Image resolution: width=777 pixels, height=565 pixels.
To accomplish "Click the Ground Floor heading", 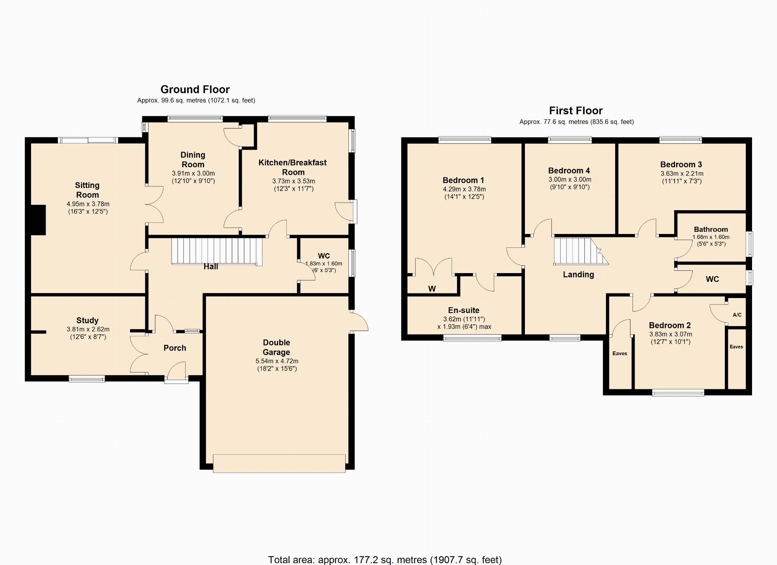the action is point(195,89).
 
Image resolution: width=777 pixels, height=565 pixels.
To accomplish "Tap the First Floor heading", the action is point(576,111).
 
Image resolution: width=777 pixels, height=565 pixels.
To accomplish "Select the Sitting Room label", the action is point(87,190).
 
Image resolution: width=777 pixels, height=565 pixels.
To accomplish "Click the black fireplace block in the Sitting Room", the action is point(38,220).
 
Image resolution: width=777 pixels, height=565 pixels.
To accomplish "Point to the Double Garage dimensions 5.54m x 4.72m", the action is point(277,361).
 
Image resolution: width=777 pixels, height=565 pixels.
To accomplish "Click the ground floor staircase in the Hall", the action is point(217,251).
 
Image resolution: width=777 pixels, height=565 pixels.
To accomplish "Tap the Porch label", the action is point(175,348).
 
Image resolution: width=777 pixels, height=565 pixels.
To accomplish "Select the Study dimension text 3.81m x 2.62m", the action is point(88,329).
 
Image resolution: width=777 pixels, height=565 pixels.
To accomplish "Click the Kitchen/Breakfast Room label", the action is point(292,167).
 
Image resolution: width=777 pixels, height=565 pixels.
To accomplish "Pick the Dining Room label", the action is point(193,160).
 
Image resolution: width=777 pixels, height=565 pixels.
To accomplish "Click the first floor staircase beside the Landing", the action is point(581,251).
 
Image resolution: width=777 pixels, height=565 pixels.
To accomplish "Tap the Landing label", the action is point(578,275).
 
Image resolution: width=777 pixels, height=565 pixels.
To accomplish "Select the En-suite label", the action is point(464,310).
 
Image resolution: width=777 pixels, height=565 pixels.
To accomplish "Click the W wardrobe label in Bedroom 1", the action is point(432,289).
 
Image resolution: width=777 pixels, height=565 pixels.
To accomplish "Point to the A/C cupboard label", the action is point(737,315).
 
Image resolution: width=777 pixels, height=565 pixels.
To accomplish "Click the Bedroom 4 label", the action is point(569,171).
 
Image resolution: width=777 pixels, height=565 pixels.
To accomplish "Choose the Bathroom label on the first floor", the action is point(711,229).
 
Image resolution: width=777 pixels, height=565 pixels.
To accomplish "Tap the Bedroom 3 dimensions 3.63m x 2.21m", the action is point(682,173).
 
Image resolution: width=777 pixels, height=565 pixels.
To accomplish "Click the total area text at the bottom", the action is point(385,560).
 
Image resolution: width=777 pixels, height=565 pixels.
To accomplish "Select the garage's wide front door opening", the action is point(279,463).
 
